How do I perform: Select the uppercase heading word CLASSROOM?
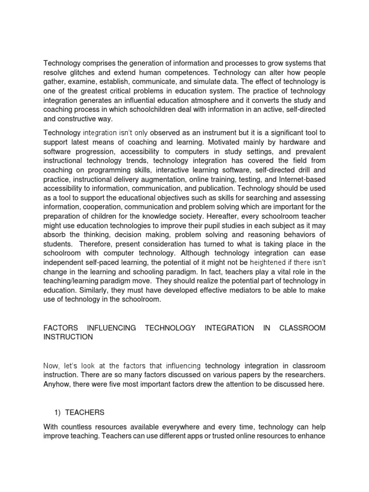[x=302, y=328]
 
